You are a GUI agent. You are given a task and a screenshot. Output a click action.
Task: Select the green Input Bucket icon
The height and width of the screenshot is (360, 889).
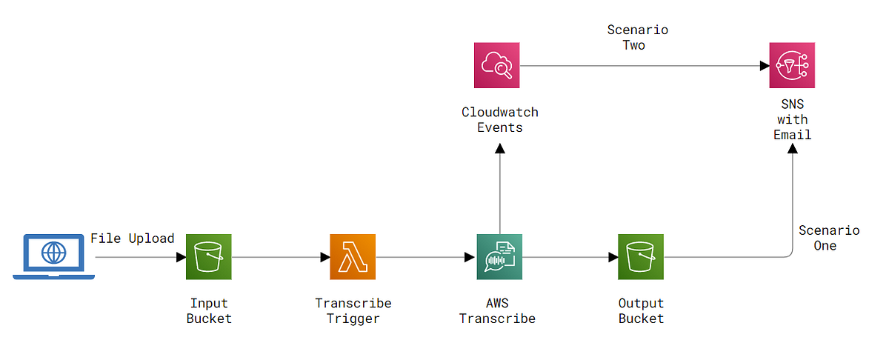pos(208,257)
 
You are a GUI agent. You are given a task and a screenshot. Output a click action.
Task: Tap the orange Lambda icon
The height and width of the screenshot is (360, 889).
pos(353,257)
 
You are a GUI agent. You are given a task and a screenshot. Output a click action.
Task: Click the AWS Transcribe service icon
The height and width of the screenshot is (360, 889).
pos(499,257)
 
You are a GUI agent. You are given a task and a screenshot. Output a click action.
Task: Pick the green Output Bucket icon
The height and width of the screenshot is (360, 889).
pos(641,257)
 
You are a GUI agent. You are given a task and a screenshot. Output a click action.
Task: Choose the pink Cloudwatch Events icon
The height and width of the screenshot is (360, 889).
pos(497,66)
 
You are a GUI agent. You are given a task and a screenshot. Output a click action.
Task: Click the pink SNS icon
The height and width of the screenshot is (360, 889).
pos(792,66)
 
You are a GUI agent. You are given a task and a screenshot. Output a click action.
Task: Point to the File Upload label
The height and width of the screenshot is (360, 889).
pos(132,239)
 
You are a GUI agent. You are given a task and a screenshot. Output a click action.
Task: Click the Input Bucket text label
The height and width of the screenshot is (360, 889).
pos(208,311)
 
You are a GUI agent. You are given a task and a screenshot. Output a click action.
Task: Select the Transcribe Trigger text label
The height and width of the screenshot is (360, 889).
pos(353,311)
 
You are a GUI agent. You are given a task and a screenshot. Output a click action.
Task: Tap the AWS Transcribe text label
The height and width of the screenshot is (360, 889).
pos(497,311)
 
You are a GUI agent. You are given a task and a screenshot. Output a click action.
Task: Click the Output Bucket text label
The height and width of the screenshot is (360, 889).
pos(641,311)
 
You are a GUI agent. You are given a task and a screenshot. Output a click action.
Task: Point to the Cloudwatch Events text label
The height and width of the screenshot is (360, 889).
pos(499,120)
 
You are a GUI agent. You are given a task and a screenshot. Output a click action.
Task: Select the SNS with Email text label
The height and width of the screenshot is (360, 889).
pos(792,120)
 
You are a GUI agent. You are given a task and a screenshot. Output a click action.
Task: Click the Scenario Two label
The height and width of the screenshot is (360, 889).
pos(637,38)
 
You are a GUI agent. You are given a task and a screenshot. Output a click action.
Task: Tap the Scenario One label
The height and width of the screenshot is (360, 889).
pos(828,238)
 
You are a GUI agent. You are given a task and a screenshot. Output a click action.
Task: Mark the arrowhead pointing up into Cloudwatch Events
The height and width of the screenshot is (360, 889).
pos(500,149)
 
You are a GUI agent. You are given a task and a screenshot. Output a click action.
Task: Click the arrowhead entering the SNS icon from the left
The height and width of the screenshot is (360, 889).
pos(764,66)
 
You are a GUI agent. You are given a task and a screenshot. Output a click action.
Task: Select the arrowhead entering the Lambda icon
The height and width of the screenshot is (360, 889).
pos(324,257)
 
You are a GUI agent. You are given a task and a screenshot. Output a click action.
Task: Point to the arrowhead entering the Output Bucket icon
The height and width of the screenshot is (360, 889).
pos(613,257)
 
